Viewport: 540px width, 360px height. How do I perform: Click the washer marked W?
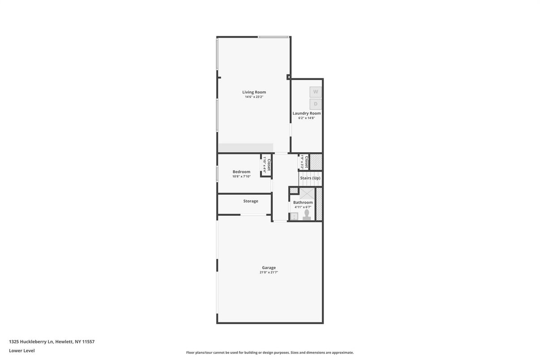[x=316, y=92]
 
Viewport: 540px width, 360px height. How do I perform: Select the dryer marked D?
[x=316, y=104]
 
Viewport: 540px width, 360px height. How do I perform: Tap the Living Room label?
[x=254, y=92]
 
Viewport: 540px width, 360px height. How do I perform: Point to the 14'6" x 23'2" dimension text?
[x=254, y=97]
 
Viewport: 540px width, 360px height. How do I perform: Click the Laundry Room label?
[x=307, y=113]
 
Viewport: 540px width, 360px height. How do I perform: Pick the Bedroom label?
[x=241, y=171]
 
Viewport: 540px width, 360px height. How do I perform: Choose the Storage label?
[x=251, y=201]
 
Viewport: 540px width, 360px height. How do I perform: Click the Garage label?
[x=269, y=268]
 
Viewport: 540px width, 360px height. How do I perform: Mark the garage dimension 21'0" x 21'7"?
[x=269, y=273]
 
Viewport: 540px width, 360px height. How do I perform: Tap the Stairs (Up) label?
[x=310, y=178]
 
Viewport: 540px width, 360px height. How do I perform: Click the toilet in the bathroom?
[x=307, y=215]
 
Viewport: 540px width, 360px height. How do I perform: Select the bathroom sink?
[x=294, y=216]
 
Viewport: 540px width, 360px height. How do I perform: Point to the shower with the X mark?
[x=307, y=194]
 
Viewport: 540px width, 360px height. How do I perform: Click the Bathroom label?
[x=303, y=202]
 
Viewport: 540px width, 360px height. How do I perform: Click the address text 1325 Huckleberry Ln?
[x=31, y=342]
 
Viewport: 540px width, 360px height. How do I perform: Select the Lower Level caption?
[x=21, y=351]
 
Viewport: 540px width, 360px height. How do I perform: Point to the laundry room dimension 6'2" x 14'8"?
[x=307, y=118]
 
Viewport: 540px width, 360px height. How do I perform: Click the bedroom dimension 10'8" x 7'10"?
[x=241, y=176]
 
